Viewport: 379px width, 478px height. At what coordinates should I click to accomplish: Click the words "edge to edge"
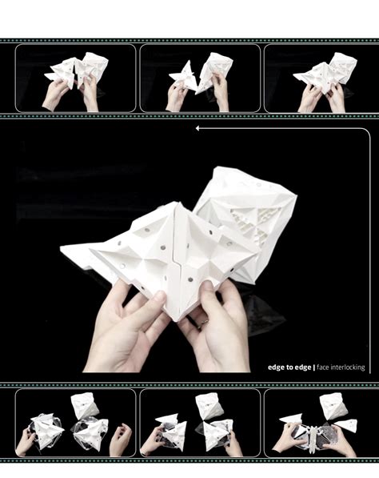(x=289, y=368)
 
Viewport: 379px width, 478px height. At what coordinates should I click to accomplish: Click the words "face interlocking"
(x=341, y=368)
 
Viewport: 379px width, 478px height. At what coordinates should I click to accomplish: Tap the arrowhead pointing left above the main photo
(x=197, y=128)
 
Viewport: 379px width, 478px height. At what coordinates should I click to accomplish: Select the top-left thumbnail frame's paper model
(x=78, y=71)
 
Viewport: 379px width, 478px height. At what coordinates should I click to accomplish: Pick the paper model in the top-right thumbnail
(x=325, y=71)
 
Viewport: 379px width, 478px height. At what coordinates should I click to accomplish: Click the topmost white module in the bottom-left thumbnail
(x=86, y=404)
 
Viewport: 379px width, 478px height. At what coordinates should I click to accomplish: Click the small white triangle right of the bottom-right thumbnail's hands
(x=347, y=425)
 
